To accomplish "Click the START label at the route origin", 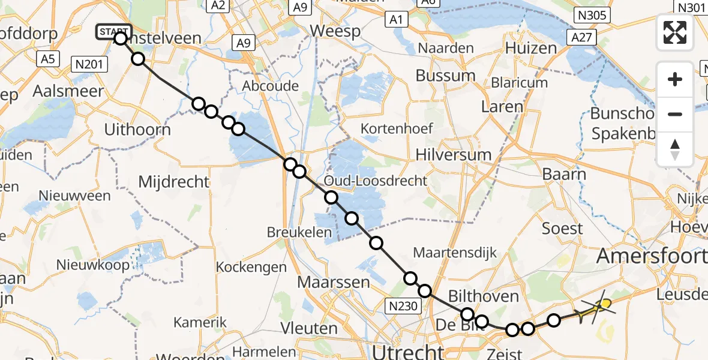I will (113, 31).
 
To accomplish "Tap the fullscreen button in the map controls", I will (675, 32).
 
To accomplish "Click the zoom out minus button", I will (675, 114).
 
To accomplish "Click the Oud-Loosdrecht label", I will (376, 181).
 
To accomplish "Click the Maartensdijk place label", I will (455, 253).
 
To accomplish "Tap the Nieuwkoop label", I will (93, 265).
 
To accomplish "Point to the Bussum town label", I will (445, 76).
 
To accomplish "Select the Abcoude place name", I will (270, 86).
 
